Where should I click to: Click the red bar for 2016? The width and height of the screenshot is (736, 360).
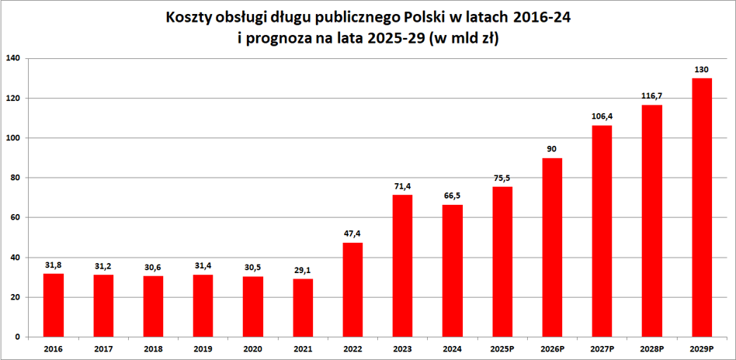pyautogui.click(x=53, y=305)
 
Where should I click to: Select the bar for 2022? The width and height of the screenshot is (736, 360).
pyautogui.click(x=352, y=289)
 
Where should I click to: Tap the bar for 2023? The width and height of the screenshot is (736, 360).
pyautogui.click(x=402, y=265)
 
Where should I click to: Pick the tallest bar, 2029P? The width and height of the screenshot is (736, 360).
pyautogui.click(x=701, y=207)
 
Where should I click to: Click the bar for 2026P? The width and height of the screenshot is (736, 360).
pyautogui.click(x=552, y=247)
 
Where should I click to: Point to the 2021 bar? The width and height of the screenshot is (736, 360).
pyautogui.click(x=302, y=307)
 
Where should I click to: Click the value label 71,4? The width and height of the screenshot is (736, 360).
pyautogui.click(x=402, y=187)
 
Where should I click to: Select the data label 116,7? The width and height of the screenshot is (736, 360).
pyautogui.click(x=651, y=96)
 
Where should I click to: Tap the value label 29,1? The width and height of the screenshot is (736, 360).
pyautogui.click(x=302, y=271)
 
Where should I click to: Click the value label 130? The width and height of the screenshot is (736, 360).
pyautogui.click(x=701, y=70)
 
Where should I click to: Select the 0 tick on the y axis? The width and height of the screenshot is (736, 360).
pyautogui.click(x=16, y=337)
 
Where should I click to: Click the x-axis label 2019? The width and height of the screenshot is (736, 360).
pyautogui.click(x=203, y=350)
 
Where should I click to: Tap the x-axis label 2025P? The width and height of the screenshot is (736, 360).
pyautogui.click(x=502, y=350)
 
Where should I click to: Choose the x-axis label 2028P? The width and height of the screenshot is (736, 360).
pyautogui.click(x=651, y=350)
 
